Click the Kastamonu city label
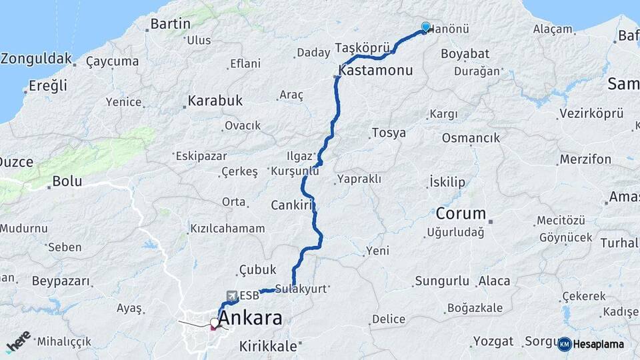[376, 70]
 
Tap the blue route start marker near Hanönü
[426, 27]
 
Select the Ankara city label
[250, 318]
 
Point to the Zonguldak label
[35, 59]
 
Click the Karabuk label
[215, 101]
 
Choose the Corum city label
[461, 214]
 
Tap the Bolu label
[67, 181]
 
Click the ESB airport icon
[231, 295]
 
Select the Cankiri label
[292, 205]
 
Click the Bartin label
[171, 24]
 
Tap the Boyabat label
[465, 53]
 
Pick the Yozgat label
[493, 341]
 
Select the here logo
[18, 341]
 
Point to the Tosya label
[389, 133]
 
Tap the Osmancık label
[471, 138]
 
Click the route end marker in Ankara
[214, 325]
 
